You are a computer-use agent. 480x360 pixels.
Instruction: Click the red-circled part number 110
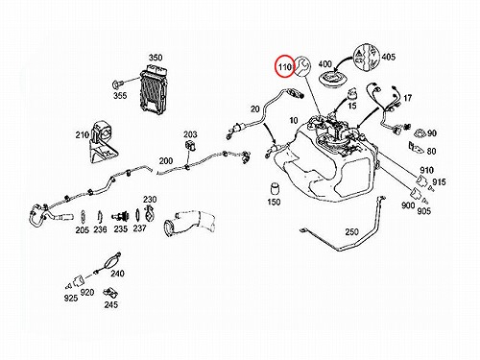coord(285,67)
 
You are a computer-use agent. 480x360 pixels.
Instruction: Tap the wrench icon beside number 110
coord(302,66)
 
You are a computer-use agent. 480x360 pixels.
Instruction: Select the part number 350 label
coord(156,58)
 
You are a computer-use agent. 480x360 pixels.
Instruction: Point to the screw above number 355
coord(117,84)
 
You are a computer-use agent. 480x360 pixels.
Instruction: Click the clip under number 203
coord(190,145)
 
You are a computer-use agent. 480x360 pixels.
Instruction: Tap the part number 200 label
coord(166,160)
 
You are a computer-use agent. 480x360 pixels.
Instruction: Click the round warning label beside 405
coord(367,59)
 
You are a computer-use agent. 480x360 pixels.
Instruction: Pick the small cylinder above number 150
coord(275,188)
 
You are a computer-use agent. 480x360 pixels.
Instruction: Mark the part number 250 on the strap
coord(351,231)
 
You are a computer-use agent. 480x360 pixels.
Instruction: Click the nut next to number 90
coord(420,133)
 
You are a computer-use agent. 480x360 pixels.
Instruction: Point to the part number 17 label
coord(407,98)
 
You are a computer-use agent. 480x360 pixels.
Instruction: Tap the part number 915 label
coord(439,181)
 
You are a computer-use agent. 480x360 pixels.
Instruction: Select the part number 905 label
coord(424,211)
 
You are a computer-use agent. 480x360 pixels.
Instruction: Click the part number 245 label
coord(110,304)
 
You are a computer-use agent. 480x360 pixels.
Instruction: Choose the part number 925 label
coord(71,298)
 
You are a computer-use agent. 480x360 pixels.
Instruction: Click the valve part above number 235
coord(121,217)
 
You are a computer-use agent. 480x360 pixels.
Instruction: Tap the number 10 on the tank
coord(294,120)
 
